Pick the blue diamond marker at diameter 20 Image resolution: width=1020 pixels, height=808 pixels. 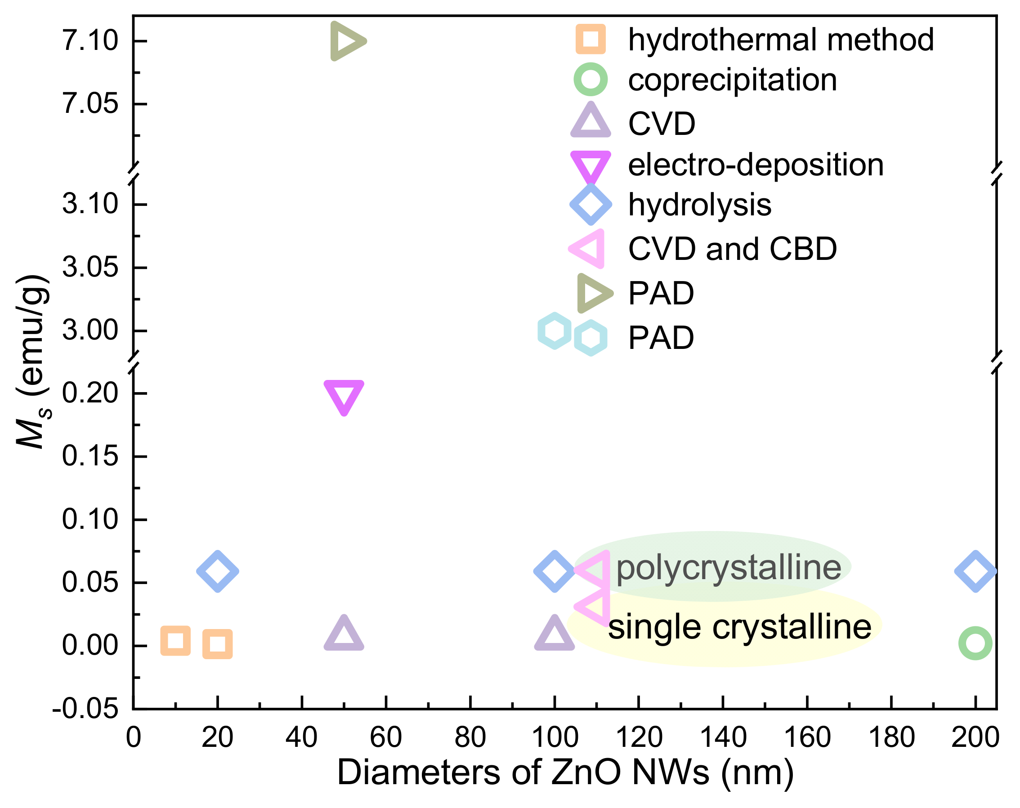(218, 571)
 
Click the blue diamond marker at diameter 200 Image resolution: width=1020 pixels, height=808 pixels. (975, 571)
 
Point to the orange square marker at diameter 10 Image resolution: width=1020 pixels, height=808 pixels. (175, 641)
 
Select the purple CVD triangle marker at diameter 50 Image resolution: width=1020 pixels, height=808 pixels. (344, 635)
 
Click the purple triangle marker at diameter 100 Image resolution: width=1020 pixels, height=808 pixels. (555, 635)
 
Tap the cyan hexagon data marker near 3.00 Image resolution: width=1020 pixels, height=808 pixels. (554, 330)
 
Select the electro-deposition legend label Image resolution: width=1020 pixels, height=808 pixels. (756, 165)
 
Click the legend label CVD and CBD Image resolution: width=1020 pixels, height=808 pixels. (732, 249)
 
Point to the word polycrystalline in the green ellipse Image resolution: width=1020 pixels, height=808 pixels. (729, 568)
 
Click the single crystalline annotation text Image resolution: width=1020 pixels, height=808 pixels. (739, 627)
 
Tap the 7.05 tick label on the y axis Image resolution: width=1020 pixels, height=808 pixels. (90, 104)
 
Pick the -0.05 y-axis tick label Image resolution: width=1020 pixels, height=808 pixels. (85, 709)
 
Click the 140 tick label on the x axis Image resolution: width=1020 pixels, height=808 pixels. (723, 737)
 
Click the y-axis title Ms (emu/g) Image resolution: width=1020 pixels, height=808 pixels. (33, 362)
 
